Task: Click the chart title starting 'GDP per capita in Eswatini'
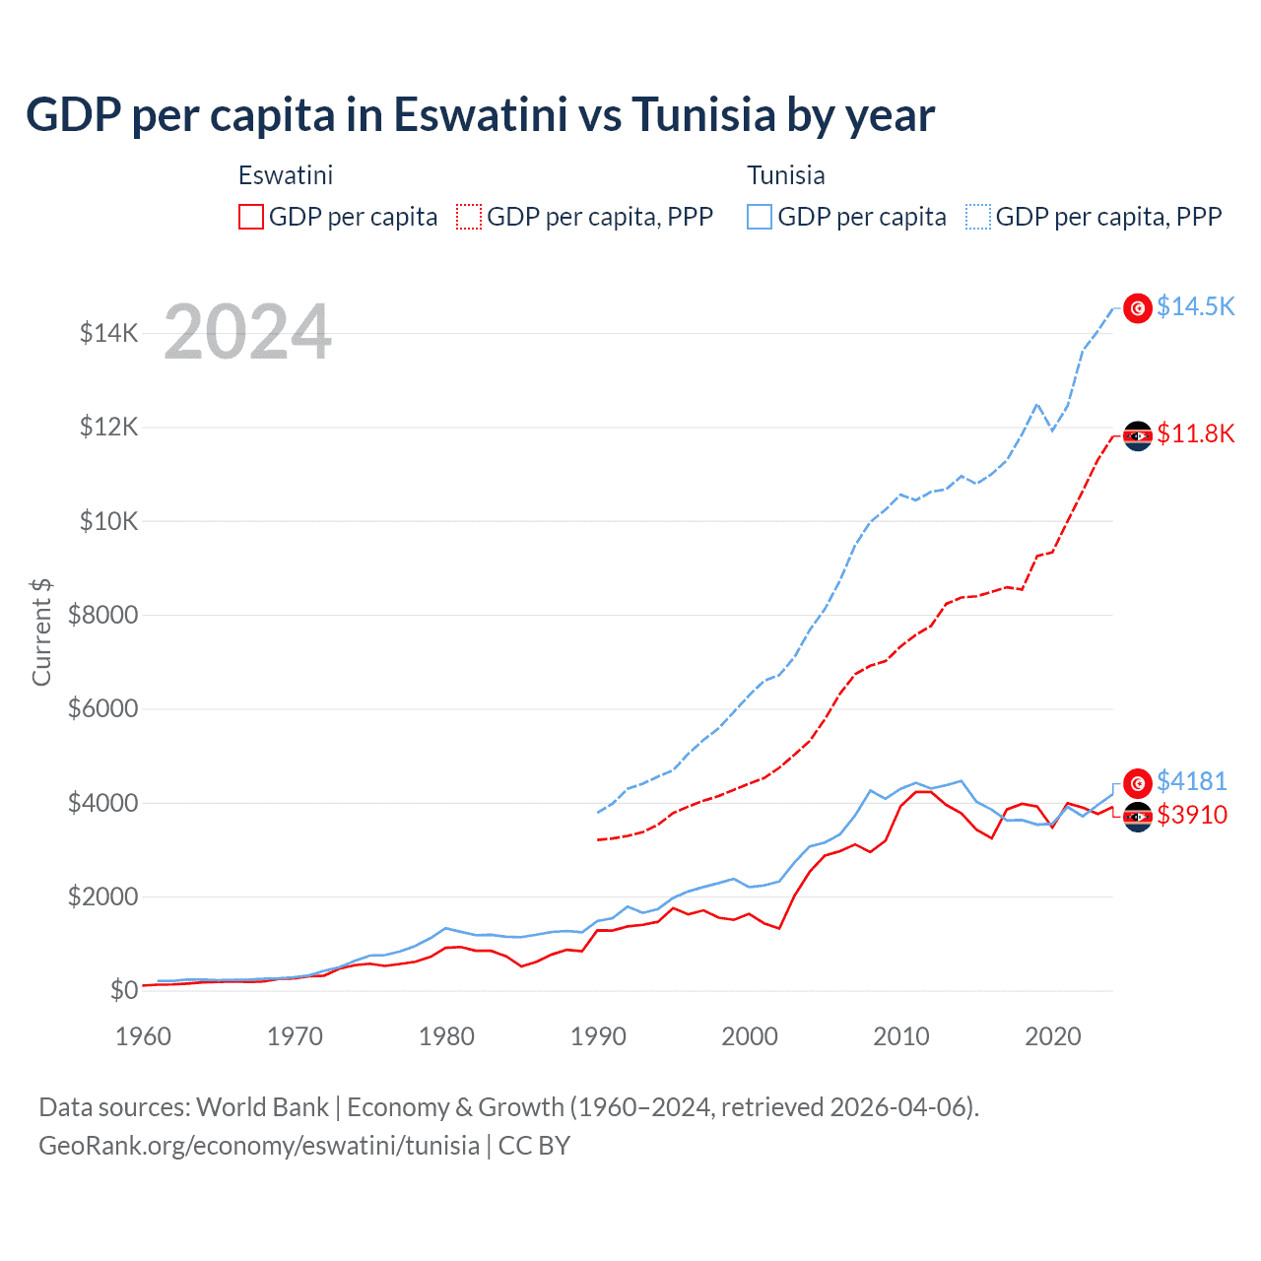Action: tap(480, 114)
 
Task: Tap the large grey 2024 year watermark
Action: tap(247, 332)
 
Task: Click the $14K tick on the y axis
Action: tap(108, 333)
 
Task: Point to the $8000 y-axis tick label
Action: tap(102, 615)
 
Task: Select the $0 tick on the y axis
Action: tap(123, 990)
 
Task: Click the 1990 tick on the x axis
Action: tap(598, 1036)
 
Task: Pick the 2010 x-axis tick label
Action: tap(901, 1036)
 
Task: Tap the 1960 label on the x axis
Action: tap(144, 1036)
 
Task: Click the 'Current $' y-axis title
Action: tap(41, 631)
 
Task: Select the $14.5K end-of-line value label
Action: tap(1195, 306)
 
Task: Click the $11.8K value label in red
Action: tap(1195, 433)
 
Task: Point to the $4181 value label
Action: tap(1191, 781)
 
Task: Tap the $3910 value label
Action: tap(1191, 815)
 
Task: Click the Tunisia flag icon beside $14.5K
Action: tap(1138, 308)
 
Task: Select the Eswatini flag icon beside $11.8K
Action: tap(1138, 435)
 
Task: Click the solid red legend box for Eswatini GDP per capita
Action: tap(251, 217)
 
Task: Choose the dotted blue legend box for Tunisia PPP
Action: tap(978, 217)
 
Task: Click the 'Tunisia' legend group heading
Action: tap(785, 175)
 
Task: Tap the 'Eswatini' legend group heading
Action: tap(286, 175)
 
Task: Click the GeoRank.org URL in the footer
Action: tap(259, 1146)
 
